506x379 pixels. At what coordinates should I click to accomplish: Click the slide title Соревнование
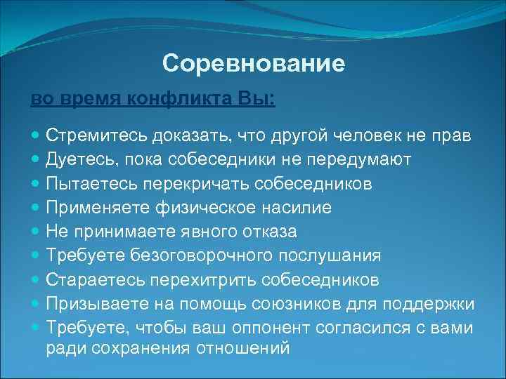[x=253, y=64]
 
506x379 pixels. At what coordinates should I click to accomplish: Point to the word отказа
[x=269, y=232]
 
